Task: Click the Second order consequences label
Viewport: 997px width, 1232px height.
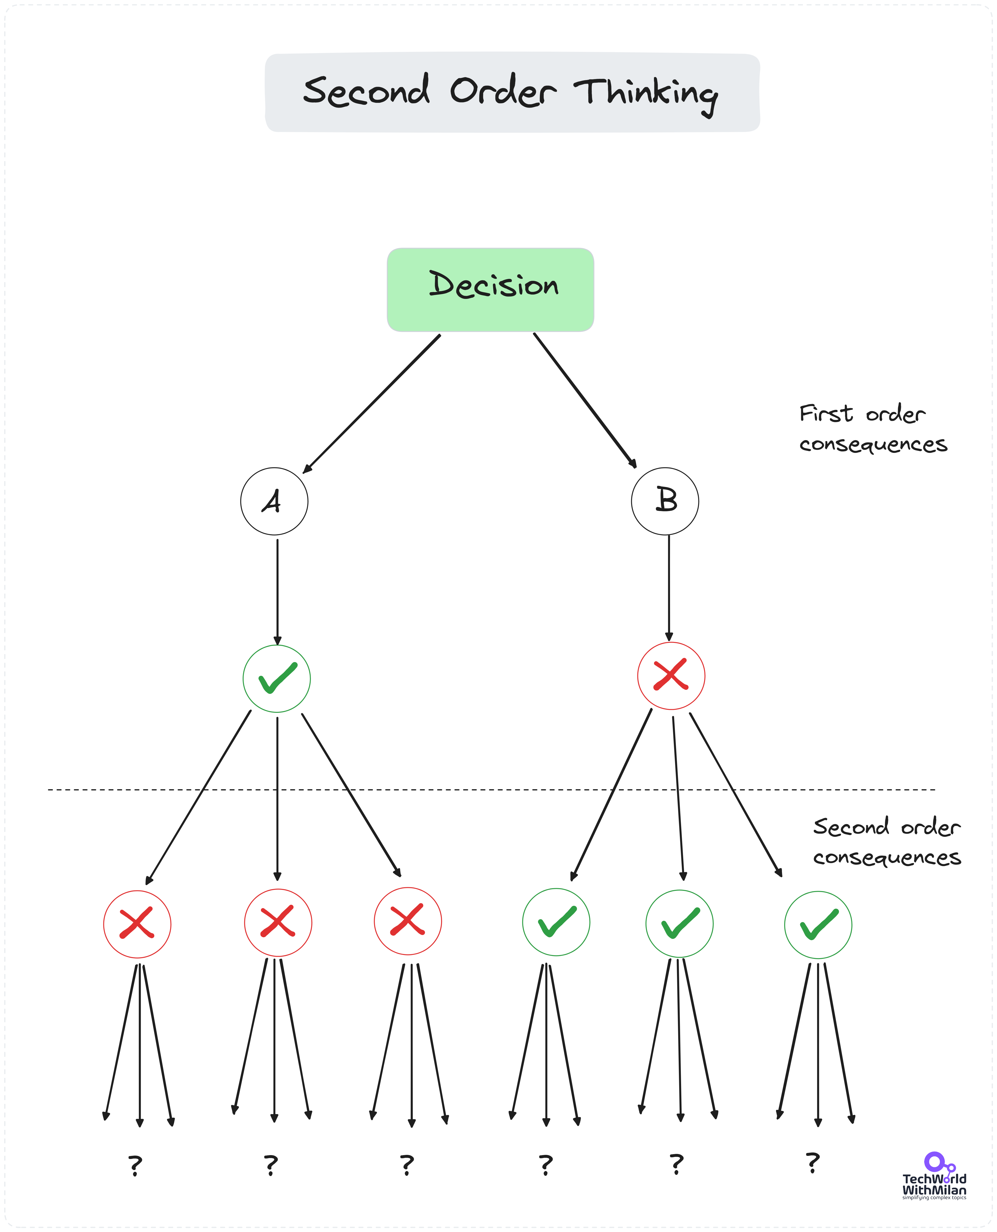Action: pos(886,841)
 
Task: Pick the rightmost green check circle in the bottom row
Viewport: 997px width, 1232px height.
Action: pos(818,925)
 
